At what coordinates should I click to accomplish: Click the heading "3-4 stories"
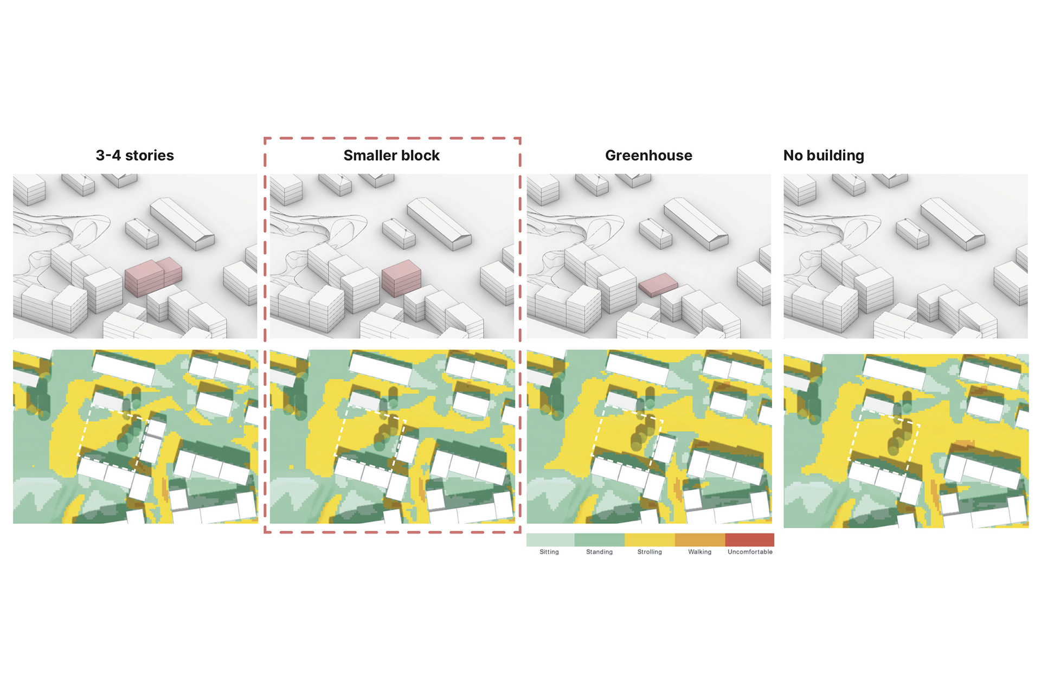pyautogui.click(x=135, y=156)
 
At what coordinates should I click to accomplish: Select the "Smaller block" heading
pyautogui.click(x=391, y=156)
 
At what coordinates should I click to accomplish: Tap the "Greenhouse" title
pyautogui.click(x=648, y=156)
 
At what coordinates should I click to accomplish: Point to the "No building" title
pyautogui.click(x=824, y=156)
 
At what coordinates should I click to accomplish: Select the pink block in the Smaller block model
pyautogui.click(x=401, y=278)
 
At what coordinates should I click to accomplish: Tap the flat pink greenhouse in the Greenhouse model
pyautogui.click(x=658, y=285)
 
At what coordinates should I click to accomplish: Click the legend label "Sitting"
pyautogui.click(x=549, y=552)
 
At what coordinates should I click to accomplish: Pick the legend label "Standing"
pyautogui.click(x=599, y=552)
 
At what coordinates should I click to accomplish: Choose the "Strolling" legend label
pyautogui.click(x=650, y=552)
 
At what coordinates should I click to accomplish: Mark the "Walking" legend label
pyautogui.click(x=699, y=552)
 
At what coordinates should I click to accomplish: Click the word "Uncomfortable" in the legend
pyautogui.click(x=750, y=552)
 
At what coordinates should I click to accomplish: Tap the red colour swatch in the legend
pyautogui.click(x=749, y=539)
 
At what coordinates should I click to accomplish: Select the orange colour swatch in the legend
pyautogui.click(x=700, y=539)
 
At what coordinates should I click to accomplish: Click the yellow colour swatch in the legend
pyautogui.click(x=650, y=539)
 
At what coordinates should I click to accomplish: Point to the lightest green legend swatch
pyautogui.click(x=550, y=539)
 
